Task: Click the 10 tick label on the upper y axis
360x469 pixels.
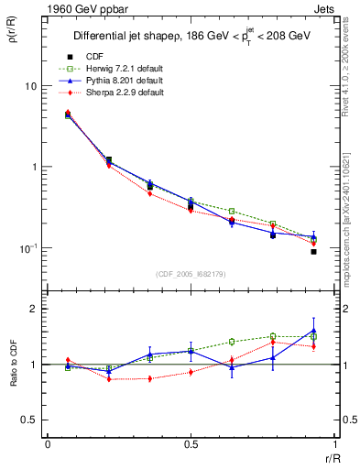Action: click(29, 86)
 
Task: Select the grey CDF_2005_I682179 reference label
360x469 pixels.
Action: click(191, 273)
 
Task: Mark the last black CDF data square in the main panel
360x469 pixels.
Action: click(313, 251)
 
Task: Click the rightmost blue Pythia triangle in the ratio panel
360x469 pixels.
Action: click(313, 331)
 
